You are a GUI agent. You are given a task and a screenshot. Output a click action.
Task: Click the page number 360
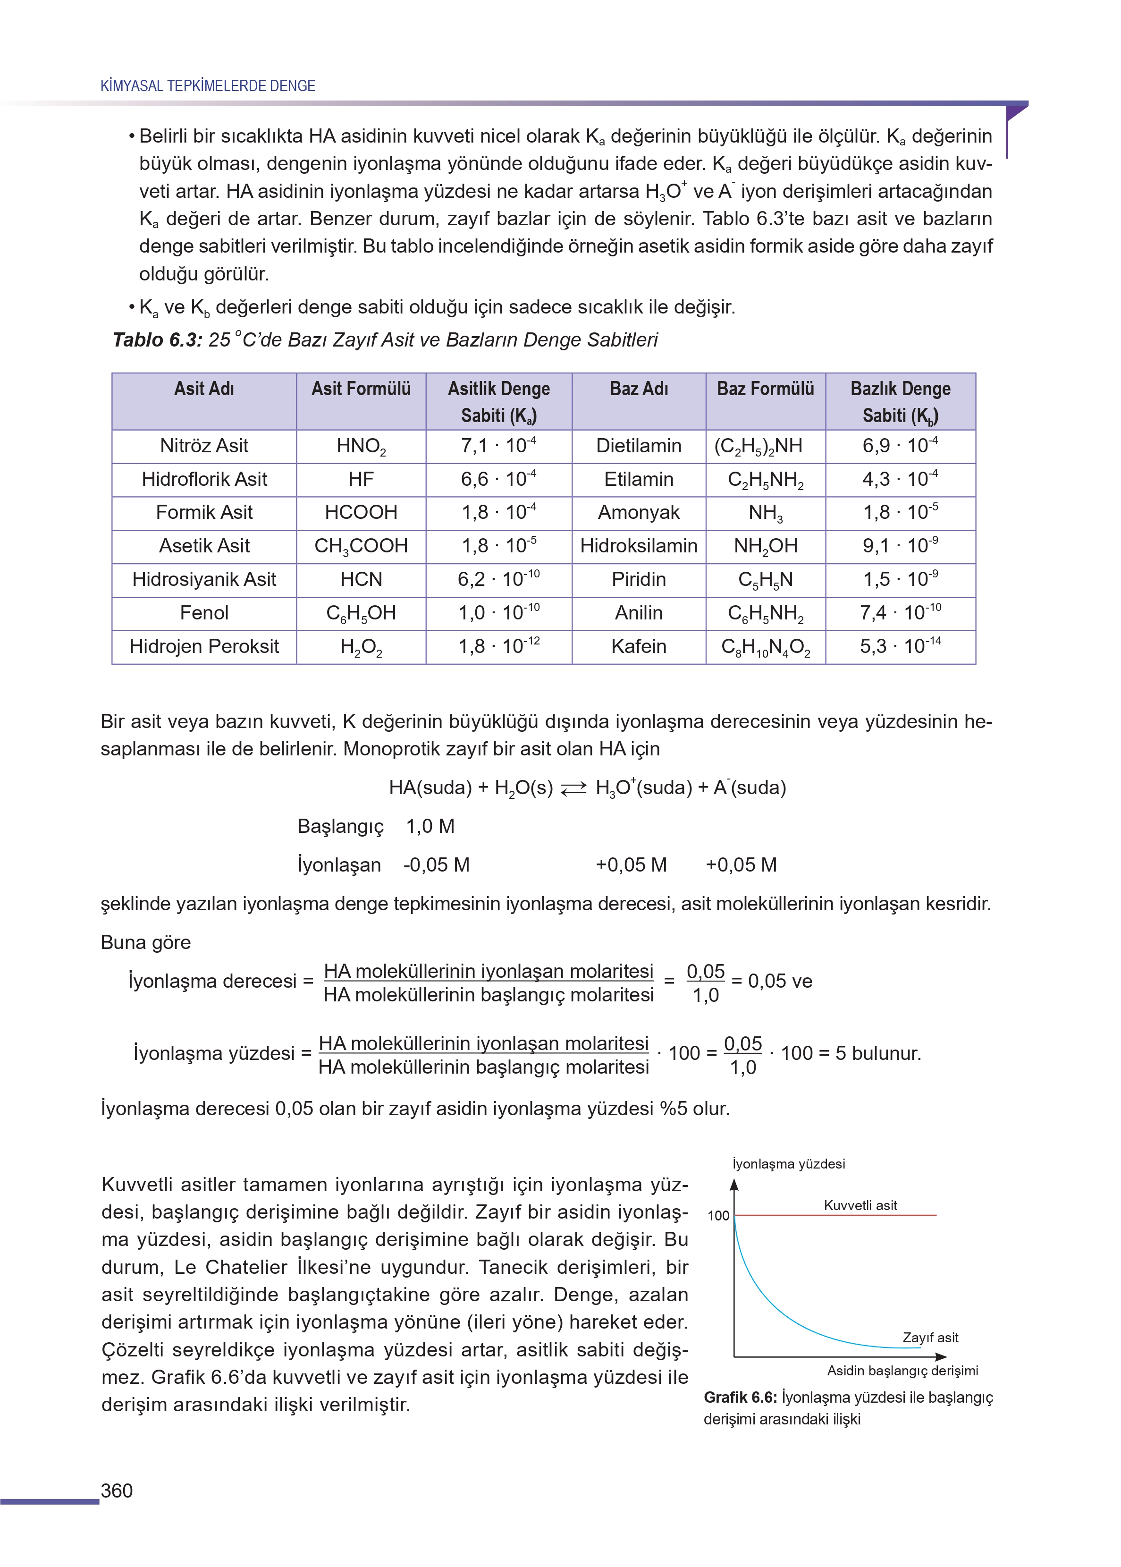[117, 1491]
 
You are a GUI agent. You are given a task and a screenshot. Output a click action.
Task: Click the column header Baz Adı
[639, 389]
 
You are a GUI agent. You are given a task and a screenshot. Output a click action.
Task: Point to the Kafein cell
[639, 647]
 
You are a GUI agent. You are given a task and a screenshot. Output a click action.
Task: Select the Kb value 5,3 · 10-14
[900, 646]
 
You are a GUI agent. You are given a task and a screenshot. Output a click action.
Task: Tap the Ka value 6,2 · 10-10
[498, 579]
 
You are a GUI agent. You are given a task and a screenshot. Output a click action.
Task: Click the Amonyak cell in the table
[639, 512]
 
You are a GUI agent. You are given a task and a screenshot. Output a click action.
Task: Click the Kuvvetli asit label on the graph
[860, 1205]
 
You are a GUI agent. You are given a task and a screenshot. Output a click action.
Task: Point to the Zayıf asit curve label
[930, 1337]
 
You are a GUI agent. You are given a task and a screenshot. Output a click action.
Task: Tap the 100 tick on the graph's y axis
[718, 1216]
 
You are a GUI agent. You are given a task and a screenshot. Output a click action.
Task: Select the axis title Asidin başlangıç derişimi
[902, 1370]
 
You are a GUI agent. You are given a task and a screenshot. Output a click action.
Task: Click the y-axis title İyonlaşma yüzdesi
[788, 1164]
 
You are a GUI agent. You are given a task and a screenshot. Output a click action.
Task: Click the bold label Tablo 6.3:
[157, 340]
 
